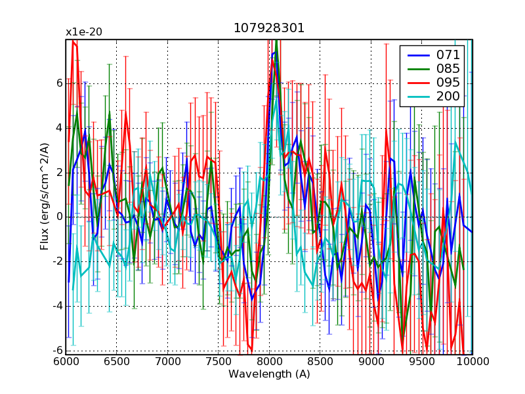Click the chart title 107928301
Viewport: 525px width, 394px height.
click(269, 29)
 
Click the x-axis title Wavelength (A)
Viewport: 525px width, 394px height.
click(269, 374)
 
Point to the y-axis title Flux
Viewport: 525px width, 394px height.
click(45, 197)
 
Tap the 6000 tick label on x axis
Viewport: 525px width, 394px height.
click(66, 362)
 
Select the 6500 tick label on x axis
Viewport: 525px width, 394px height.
click(117, 362)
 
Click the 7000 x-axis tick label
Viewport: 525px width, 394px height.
click(167, 362)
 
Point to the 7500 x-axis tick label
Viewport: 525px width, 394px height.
click(219, 362)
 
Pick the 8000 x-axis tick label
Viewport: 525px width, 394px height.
click(269, 362)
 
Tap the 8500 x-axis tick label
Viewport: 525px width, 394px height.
click(320, 362)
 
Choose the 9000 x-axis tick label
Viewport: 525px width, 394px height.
click(371, 362)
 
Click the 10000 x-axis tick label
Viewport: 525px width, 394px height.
click(472, 362)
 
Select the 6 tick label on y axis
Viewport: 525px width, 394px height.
click(58, 83)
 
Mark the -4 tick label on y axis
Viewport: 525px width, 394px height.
click(56, 306)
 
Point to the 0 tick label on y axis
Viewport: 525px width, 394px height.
click(58, 217)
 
